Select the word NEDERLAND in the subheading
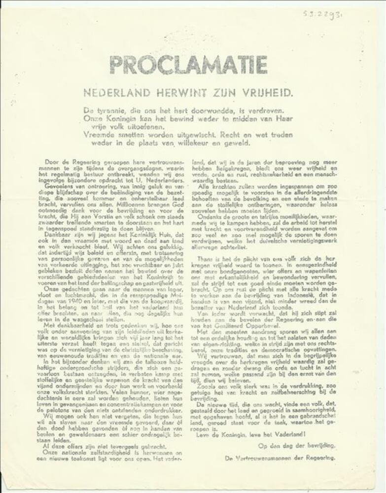click(110, 92)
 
